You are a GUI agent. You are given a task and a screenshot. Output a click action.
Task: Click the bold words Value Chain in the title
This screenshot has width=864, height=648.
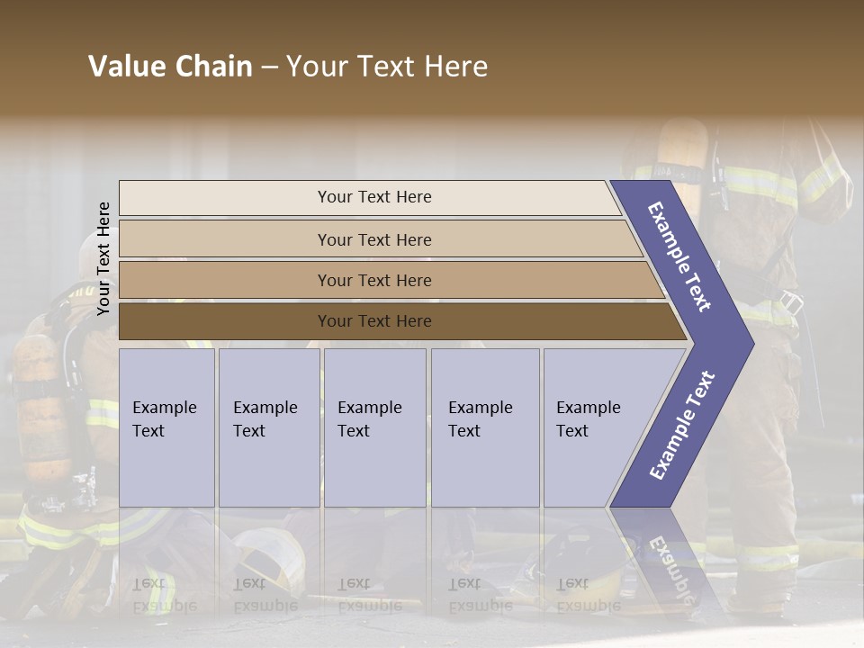click(170, 67)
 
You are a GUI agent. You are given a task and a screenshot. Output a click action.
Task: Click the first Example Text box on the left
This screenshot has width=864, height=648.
click(166, 427)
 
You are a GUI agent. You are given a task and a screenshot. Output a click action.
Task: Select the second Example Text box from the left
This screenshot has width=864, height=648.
click(268, 427)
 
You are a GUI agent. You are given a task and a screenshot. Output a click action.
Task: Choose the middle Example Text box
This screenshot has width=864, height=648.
click(374, 427)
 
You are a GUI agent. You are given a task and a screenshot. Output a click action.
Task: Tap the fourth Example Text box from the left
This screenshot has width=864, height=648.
click(484, 427)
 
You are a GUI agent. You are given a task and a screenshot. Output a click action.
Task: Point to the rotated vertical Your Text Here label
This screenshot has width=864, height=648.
click(103, 258)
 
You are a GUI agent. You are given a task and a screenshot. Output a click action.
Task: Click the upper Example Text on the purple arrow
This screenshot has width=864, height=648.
click(679, 256)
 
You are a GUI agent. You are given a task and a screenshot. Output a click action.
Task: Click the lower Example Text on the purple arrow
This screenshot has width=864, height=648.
click(682, 426)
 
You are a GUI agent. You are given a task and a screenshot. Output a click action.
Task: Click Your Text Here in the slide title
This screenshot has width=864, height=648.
click(387, 67)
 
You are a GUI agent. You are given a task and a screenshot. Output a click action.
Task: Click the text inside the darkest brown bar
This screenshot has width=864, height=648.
click(374, 321)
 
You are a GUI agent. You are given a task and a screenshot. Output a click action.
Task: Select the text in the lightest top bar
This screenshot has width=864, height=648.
click(374, 197)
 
